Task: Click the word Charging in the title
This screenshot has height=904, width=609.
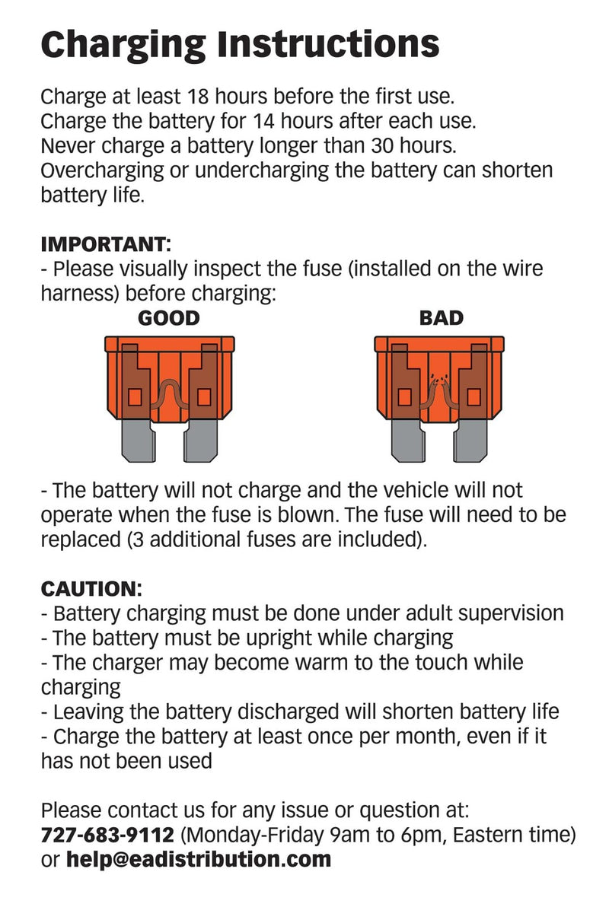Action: pos(123,45)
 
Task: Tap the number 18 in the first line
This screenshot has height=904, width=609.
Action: pos(199,97)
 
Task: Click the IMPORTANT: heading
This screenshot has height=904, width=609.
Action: pos(106,244)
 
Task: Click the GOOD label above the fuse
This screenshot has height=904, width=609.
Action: pos(169,318)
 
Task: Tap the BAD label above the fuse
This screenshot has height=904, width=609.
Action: pos(442,318)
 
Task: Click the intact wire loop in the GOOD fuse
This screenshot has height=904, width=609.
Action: pos(170,395)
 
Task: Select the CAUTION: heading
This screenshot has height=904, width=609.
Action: pos(91,589)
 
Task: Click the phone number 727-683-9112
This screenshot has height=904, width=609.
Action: pos(107,834)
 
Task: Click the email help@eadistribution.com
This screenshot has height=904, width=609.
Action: pos(199,860)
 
